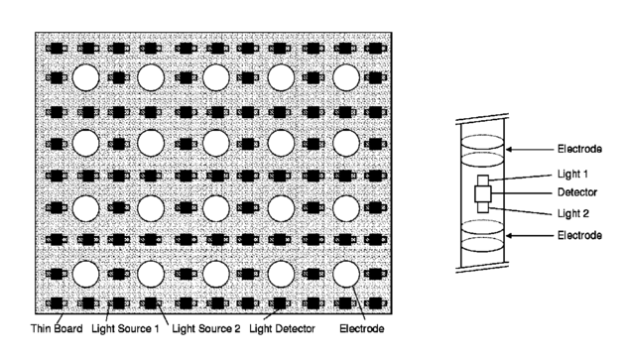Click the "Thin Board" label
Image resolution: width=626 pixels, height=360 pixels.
(x=57, y=329)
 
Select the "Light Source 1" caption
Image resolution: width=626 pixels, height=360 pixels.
(x=125, y=329)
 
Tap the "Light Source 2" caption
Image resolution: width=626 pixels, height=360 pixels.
(x=206, y=329)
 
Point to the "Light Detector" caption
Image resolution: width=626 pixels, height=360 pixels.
(x=283, y=329)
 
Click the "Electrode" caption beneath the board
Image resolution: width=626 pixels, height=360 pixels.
(x=362, y=329)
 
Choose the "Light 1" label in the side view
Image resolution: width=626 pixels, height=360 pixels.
(x=572, y=174)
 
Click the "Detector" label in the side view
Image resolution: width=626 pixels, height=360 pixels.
(x=577, y=192)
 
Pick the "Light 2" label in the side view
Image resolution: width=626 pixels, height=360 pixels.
(x=573, y=213)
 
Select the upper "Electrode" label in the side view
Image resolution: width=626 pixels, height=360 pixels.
(x=579, y=149)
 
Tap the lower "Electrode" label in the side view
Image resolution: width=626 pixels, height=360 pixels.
(x=579, y=235)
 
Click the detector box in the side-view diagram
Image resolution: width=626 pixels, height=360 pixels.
(x=483, y=193)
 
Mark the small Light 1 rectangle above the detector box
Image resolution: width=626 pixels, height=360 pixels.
(x=483, y=180)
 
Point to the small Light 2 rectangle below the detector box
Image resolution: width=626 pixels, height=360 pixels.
(x=483, y=207)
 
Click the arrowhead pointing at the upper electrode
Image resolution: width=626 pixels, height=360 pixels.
(x=509, y=150)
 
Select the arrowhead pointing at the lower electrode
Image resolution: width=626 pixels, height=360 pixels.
(x=509, y=236)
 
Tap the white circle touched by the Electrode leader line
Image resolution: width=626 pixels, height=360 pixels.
(x=346, y=274)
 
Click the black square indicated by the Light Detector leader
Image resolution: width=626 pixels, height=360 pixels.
(x=280, y=303)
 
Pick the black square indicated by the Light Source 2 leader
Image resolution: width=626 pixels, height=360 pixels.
(x=151, y=303)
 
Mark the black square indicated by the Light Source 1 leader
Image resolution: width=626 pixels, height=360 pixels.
(x=119, y=303)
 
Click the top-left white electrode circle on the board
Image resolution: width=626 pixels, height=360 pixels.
(x=86, y=77)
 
